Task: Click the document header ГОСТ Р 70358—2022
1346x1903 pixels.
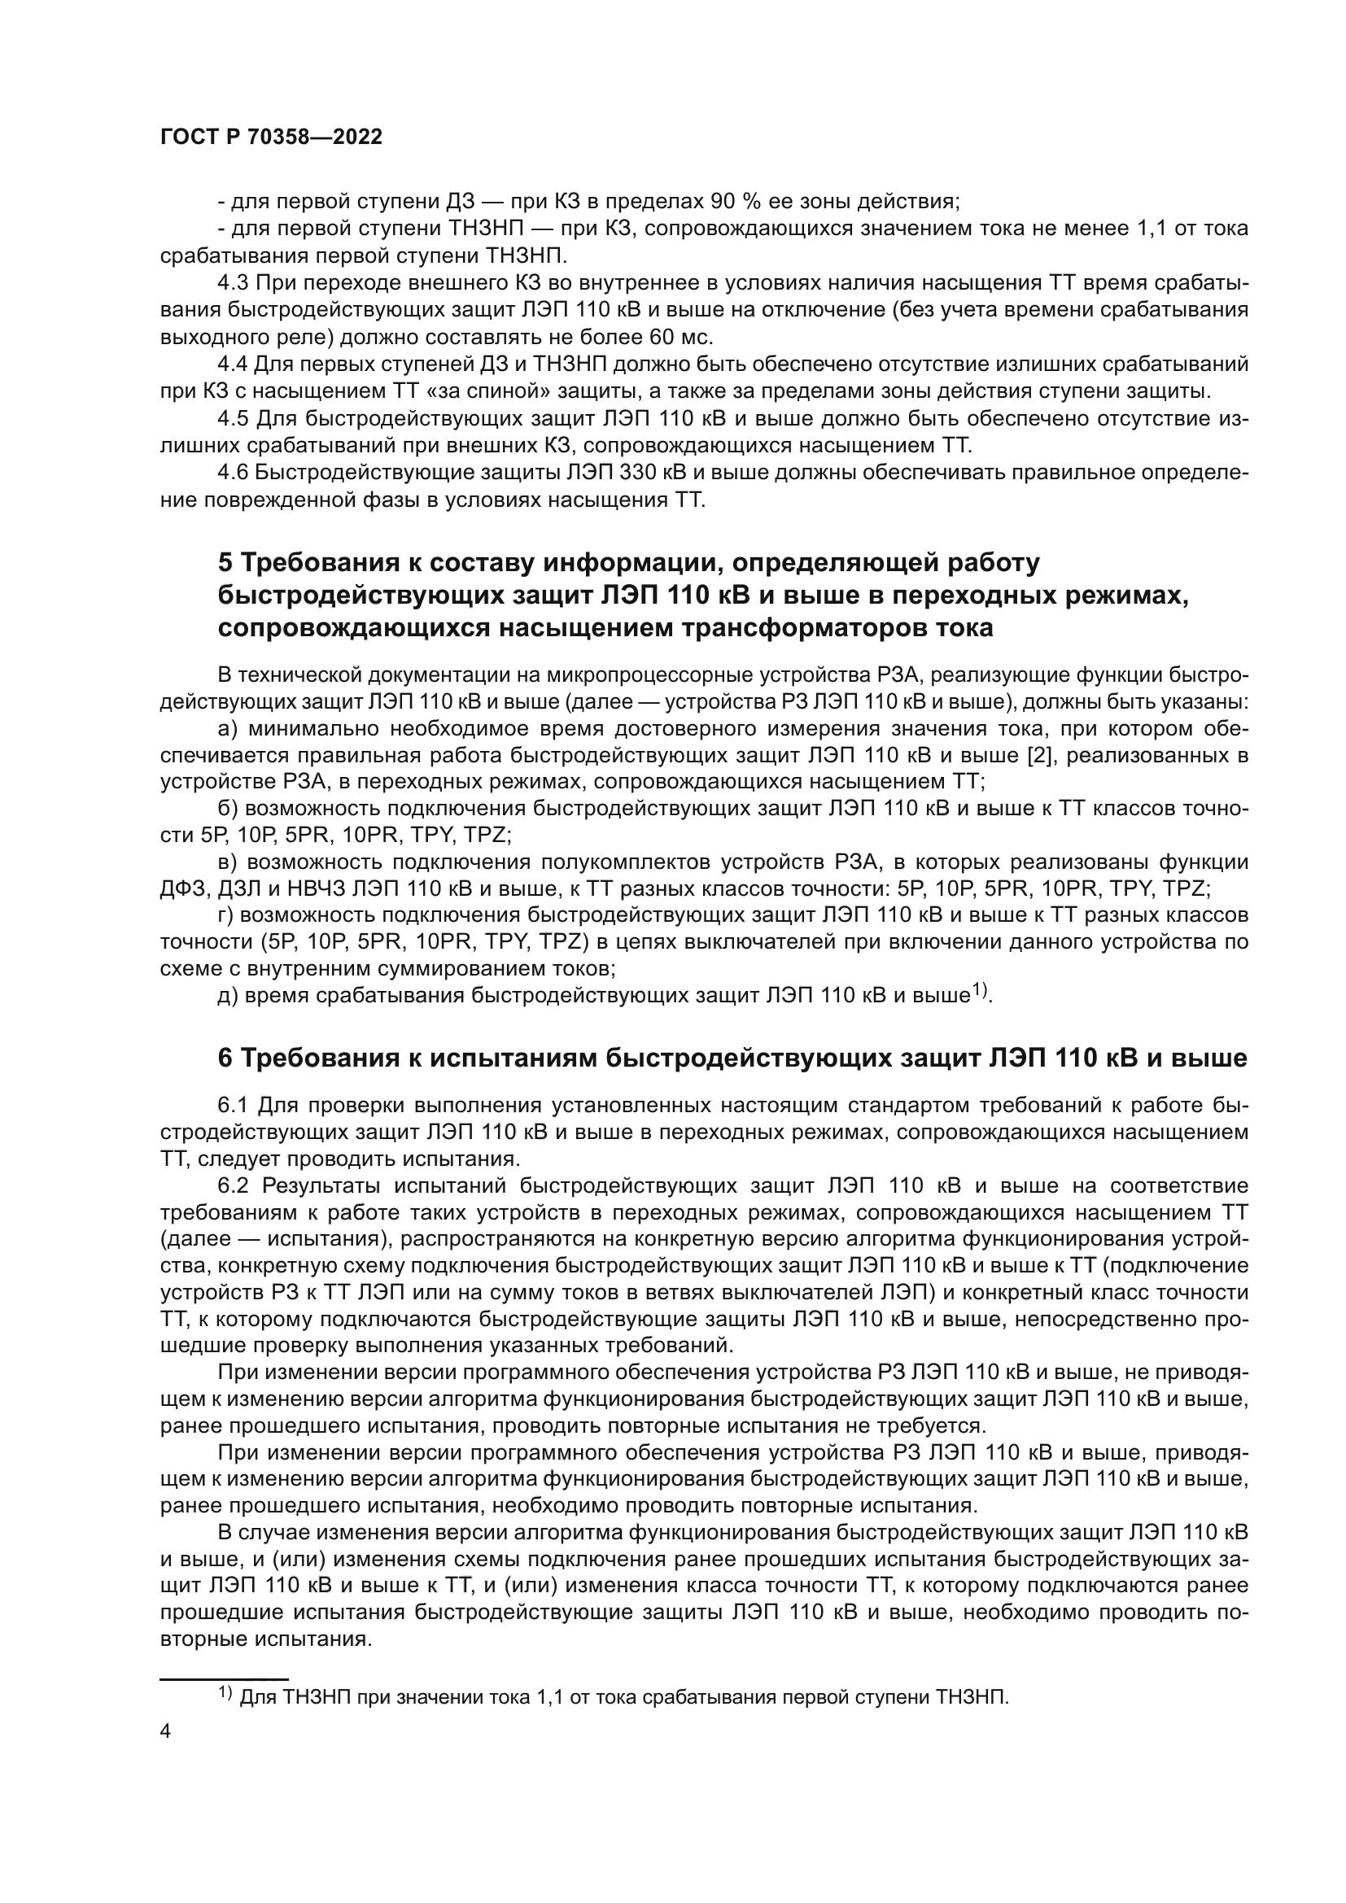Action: point(271,137)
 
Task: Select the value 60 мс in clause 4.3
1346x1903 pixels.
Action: point(673,338)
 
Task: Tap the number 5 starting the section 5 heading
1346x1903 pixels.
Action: point(225,563)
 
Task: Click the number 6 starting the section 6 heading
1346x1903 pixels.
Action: point(225,1058)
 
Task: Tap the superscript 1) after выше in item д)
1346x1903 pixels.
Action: point(981,989)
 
